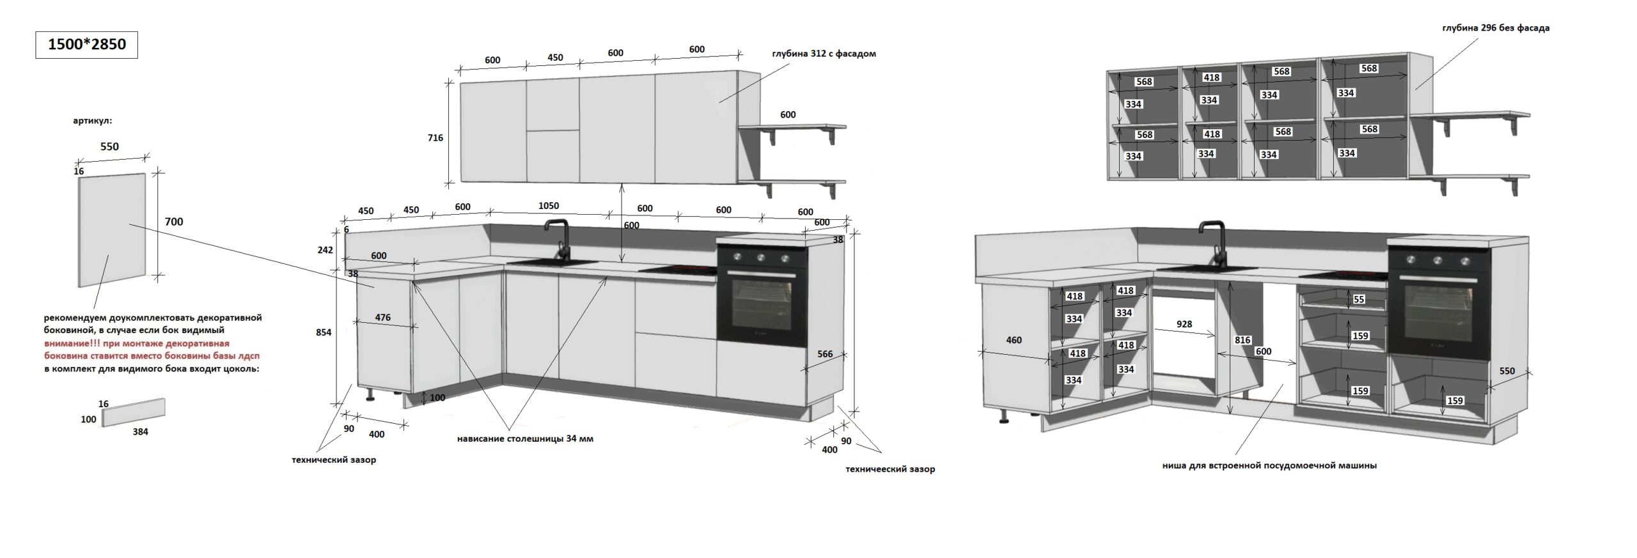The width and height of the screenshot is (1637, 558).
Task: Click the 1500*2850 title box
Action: tap(86, 44)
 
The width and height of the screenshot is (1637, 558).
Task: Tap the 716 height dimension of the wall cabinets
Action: tap(435, 137)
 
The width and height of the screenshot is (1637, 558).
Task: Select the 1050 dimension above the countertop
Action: tap(549, 206)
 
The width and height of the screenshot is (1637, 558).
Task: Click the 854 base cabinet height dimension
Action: tap(324, 332)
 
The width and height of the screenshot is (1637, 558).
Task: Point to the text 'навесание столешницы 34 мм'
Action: tap(525, 439)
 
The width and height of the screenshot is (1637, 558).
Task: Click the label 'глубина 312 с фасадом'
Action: tap(824, 54)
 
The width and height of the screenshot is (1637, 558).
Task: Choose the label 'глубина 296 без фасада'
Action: tap(1496, 28)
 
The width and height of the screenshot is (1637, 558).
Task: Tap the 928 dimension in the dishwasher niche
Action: tap(1184, 324)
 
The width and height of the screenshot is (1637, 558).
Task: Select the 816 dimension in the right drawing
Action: tap(1242, 340)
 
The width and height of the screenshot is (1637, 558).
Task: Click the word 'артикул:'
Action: tap(93, 121)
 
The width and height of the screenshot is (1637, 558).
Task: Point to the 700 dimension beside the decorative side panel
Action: tap(174, 222)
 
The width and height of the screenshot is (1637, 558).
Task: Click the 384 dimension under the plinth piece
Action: tap(140, 432)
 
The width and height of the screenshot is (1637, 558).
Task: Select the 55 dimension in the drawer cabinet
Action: tap(1359, 299)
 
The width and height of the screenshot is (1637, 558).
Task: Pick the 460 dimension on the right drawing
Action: tap(1014, 340)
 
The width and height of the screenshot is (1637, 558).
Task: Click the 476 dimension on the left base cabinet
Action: tap(383, 318)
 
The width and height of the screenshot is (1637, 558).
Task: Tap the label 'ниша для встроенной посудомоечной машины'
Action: tap(1269, 466)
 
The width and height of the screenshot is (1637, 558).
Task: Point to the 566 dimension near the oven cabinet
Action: tap(825, 354)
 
